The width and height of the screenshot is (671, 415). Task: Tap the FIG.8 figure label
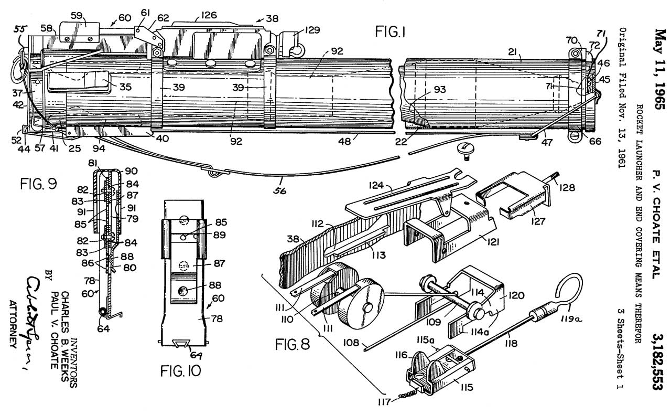[x=293, y=345]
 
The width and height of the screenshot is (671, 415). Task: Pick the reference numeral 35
[x=124, y=87]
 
